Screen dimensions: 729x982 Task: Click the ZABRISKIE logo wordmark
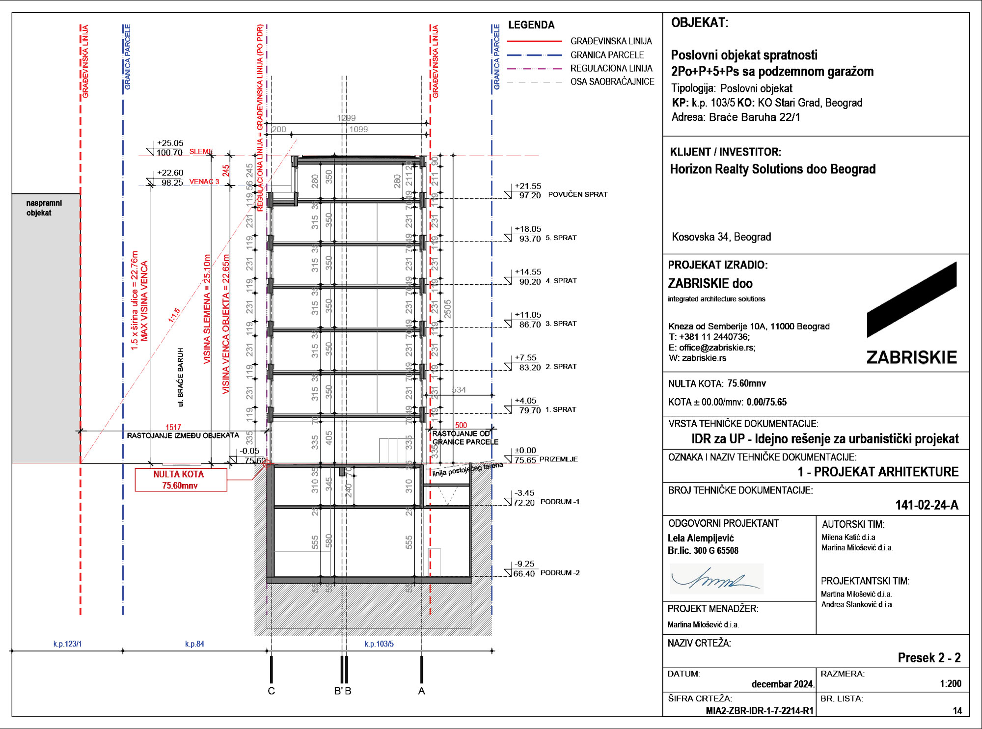point(911,357)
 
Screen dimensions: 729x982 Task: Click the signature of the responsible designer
point(716,579)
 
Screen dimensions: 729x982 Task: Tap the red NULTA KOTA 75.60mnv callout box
point(181,480)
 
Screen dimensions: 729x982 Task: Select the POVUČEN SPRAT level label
point(577,194)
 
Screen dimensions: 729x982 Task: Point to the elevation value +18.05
point(528,229)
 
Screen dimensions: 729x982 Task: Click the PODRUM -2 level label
point(560,573)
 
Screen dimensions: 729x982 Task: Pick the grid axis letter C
point(272,691)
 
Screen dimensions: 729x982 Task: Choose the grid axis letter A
point(421,691)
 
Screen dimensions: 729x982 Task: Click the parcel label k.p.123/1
point(67,644)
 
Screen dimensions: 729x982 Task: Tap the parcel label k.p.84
point(194,644)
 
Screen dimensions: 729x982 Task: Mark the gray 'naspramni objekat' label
point(44,208)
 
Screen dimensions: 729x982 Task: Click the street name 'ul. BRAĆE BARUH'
point(181,377)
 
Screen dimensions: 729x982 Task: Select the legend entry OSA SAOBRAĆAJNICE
point(612,82)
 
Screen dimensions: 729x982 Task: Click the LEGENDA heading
point(531,25)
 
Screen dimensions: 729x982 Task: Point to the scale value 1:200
point(951,684)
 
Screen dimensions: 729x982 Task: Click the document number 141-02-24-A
point(927,505)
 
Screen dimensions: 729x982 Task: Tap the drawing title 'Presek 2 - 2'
point(929,658)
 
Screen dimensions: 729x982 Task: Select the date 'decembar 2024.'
point(783,684)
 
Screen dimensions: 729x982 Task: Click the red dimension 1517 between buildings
point(173,427)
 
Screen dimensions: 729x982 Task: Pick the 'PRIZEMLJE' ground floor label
point(558,459)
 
